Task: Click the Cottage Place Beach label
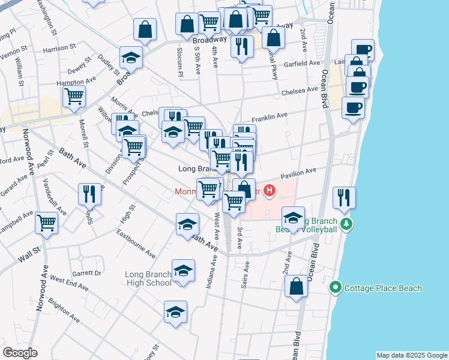[383, 288]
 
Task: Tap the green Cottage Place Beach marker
[336, 288]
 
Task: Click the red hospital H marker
[270, 192]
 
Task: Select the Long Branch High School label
[148, 279]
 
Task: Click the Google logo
[20, 353]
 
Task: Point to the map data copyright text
[412, 355]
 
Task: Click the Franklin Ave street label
[270, 116]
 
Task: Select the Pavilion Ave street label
[298, 172]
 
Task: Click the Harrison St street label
[59, 46]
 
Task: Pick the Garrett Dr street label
[87, 272]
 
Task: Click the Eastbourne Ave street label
[136, 242]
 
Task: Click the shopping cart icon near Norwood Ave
[46, 223]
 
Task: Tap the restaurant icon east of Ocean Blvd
[344, 197]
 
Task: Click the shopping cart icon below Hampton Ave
[74, 95]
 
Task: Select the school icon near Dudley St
[131, 57]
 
